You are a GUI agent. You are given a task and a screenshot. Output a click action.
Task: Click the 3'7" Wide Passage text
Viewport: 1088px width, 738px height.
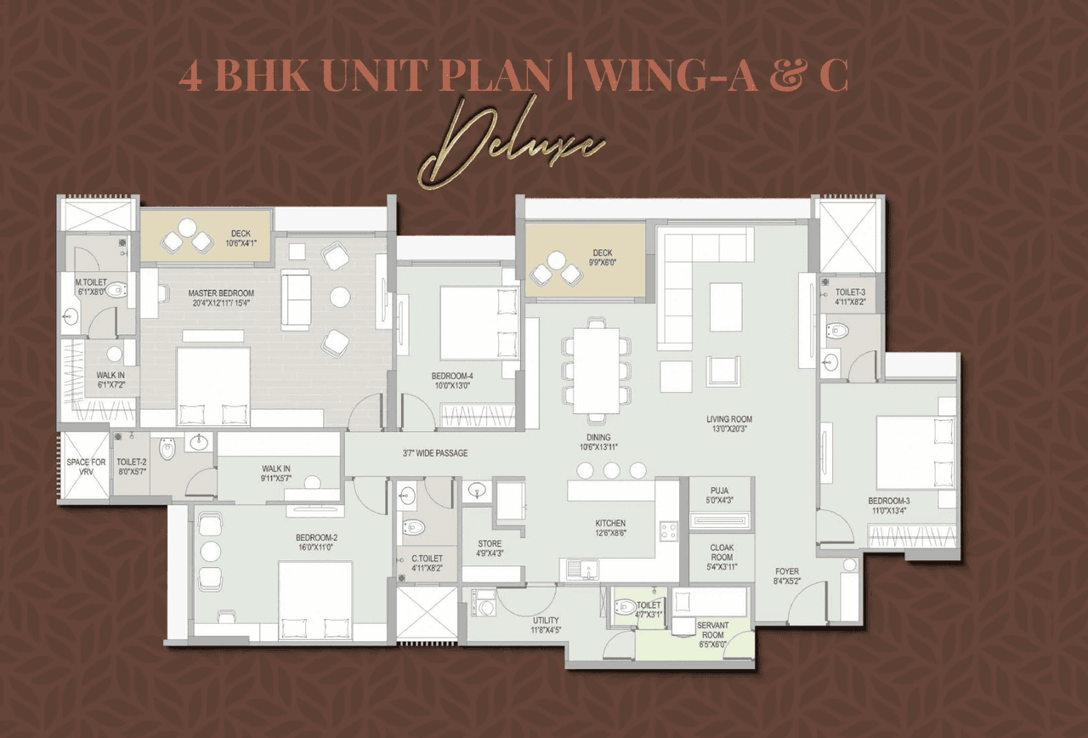pyautogui.click(x=435, y=453)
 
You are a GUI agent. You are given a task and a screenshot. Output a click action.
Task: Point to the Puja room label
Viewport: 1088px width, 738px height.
pyautogui.click(x=720, y=491)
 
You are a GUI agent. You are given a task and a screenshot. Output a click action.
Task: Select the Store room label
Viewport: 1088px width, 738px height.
pyautogui.click(x=490, y=543)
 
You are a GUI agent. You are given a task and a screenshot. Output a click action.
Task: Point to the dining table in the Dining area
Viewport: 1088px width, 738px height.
pyautogui.click(x=596, y=371)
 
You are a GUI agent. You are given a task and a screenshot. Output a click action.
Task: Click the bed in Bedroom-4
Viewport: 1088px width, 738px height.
pyautogui.click(x=469, y=323)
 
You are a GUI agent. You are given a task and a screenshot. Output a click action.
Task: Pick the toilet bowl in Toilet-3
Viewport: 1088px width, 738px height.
pyautogui.click(x=837, y=330)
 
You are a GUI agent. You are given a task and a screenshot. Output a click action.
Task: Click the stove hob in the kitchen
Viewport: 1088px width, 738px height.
pyautogui.click(x=668, y=531)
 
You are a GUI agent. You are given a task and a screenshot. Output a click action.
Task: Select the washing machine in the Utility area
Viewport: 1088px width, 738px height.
pyautogui.click(x=482, y=607)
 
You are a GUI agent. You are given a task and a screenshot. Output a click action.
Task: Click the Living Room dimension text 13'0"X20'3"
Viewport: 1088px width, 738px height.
pyautogui.click(x=728, y=431)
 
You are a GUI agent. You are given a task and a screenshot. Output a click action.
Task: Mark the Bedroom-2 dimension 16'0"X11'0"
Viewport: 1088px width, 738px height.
pyautogui.click(x=316, y=549)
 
